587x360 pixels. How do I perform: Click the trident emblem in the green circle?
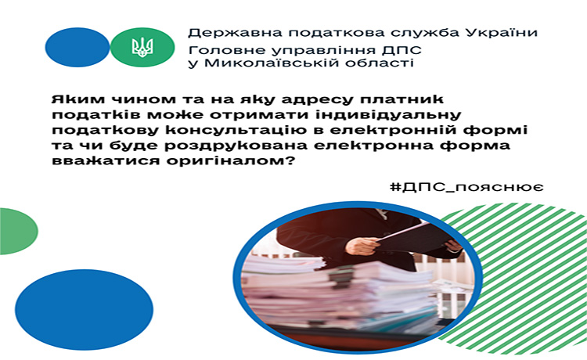pyautogui.click(x=142, y=48)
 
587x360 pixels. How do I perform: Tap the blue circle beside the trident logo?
pyautogui.click(x=77, y=48)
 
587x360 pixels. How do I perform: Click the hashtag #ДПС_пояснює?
pyautogui.click(x=466, y=187)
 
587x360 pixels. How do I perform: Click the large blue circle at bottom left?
pyautogui.click(x=85, y=309)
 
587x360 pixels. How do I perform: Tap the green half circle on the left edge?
pyautogui.click(x=18, y=232)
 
